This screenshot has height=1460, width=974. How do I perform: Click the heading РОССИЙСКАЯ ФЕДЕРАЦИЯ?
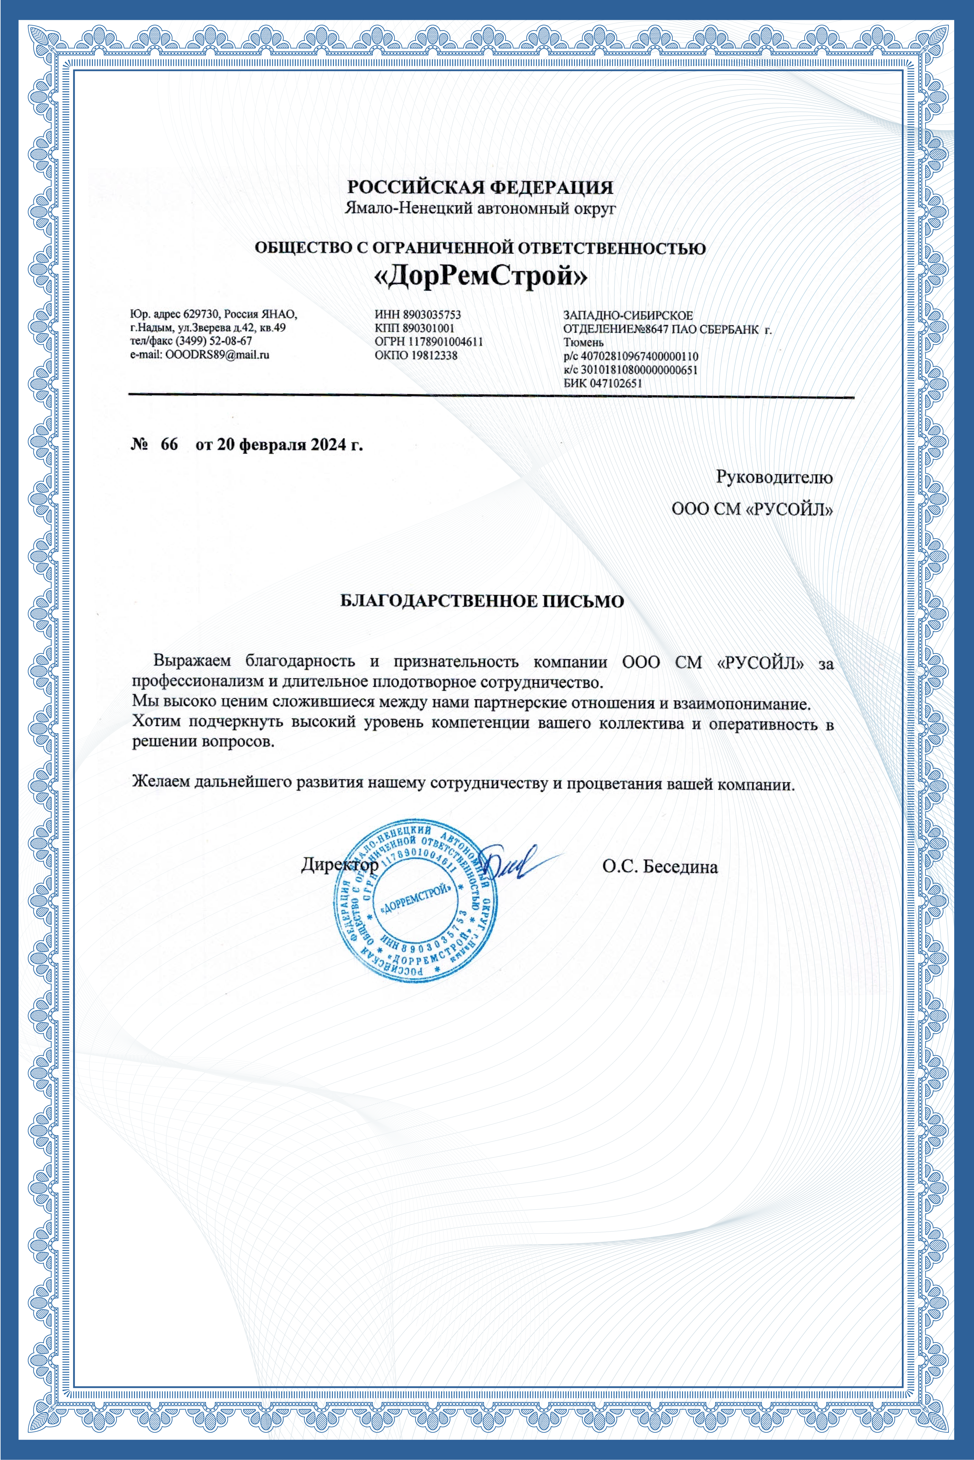[x=479, y=187]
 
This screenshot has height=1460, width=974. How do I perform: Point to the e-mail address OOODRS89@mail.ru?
[x=217, y=355]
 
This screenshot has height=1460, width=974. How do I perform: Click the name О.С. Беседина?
[x=660, y=866]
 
